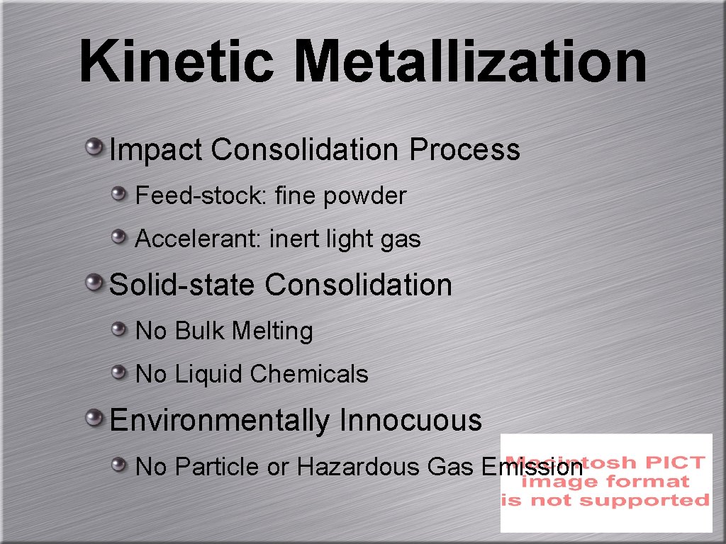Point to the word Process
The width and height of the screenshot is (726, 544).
tap(464, 150)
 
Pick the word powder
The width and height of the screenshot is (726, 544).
tap(365, 196)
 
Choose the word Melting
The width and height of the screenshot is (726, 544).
tap(272, 331)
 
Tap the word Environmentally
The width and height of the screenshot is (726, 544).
tap(220, 421)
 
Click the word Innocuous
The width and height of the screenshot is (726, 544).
tap(411, 420)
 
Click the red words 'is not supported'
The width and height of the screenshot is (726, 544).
tap(605, 500)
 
